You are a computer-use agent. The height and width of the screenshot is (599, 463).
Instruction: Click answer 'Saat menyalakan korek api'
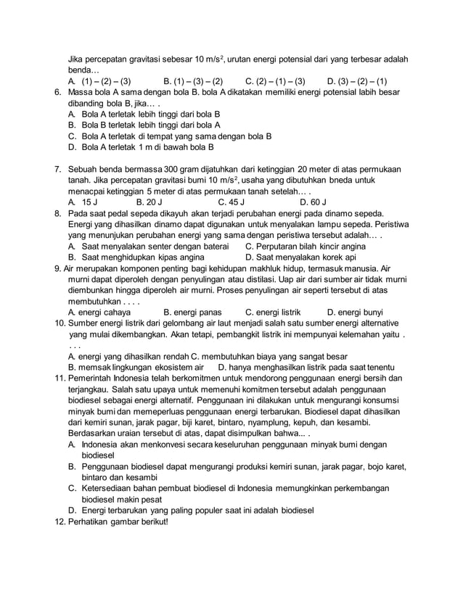pos(301,257)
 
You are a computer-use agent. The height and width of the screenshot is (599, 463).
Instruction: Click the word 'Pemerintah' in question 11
pos(94,378)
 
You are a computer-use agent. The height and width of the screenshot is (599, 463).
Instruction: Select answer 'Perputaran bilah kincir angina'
pos(313,246)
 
